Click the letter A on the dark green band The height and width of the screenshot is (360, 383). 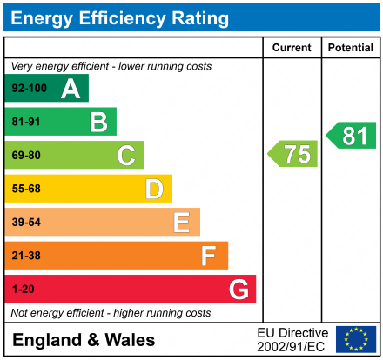[71, 89]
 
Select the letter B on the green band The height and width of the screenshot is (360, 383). [98, 122]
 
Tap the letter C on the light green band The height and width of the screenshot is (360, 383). [126, 156]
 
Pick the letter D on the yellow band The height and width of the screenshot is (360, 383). [154, 189]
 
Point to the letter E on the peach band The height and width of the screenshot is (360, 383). [181, 223]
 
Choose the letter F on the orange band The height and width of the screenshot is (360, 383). [209, 256]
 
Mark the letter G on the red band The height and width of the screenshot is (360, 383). [238, 289]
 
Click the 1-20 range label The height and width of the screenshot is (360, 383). [22, 289]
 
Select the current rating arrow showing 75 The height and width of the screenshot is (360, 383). [293, 154]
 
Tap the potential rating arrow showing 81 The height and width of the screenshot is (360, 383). [352, 135]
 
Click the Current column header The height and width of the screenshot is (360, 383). [292, 48]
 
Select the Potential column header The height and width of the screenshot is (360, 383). [350, 48]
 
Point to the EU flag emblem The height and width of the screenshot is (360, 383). [355, 339]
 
